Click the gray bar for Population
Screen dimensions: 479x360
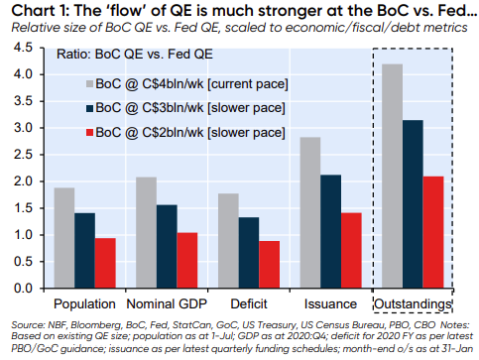tap(64, 238)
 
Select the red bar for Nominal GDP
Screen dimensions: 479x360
tap(187, 260)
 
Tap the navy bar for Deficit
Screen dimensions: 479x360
tap(249, 253)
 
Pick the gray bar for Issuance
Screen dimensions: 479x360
tap(310, 212)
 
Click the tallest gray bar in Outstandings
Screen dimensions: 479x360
tap(392, 176)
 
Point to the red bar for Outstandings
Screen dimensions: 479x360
tap(433, 232)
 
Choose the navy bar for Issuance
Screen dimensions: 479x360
tap(330, 231)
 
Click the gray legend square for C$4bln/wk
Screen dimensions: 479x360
tap(89, 84)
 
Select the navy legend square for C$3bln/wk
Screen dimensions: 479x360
tap(89, 108)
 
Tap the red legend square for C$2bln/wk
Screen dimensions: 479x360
tap(89, 133)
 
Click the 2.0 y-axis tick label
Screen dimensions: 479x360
tap(23, 181)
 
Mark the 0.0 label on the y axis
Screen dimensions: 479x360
tap(23, 289)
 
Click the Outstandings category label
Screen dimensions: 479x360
tap(413, 304)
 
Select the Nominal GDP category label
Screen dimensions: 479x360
tap(167, 303)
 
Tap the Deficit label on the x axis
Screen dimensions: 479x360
tap(249, 303)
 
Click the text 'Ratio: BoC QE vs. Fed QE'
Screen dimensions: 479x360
tap(135, 55)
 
